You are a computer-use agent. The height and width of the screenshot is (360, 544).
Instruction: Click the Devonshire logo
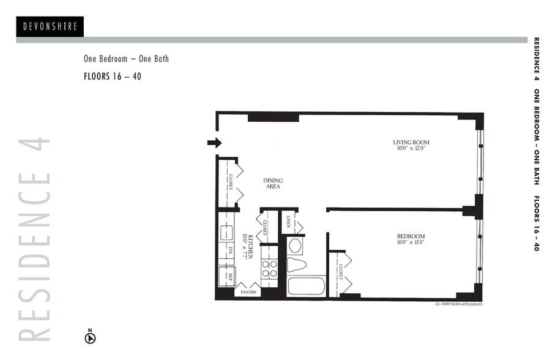50,26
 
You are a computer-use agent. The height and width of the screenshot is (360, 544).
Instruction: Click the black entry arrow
214,143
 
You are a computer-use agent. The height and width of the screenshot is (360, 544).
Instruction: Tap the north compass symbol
90,336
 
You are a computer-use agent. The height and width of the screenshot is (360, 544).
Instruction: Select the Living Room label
411,145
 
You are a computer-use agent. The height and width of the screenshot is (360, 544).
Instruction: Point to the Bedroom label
411,239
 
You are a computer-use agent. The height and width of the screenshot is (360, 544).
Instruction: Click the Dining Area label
273,183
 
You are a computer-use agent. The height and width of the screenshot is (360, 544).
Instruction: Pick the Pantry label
248,293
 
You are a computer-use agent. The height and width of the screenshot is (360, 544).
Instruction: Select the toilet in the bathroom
296,265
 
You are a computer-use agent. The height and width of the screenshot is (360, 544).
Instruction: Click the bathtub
306,286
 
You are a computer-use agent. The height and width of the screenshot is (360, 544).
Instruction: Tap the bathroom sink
295,246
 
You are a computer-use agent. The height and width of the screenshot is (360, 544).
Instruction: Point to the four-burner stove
269,269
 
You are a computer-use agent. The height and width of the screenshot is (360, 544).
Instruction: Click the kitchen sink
225,233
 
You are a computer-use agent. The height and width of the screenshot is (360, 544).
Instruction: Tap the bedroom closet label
341,272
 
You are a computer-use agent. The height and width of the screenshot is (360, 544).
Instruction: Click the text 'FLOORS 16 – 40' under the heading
113,77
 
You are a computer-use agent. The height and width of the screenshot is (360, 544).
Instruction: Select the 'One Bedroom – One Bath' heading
126,59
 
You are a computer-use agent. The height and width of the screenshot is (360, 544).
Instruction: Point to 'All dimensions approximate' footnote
458,304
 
